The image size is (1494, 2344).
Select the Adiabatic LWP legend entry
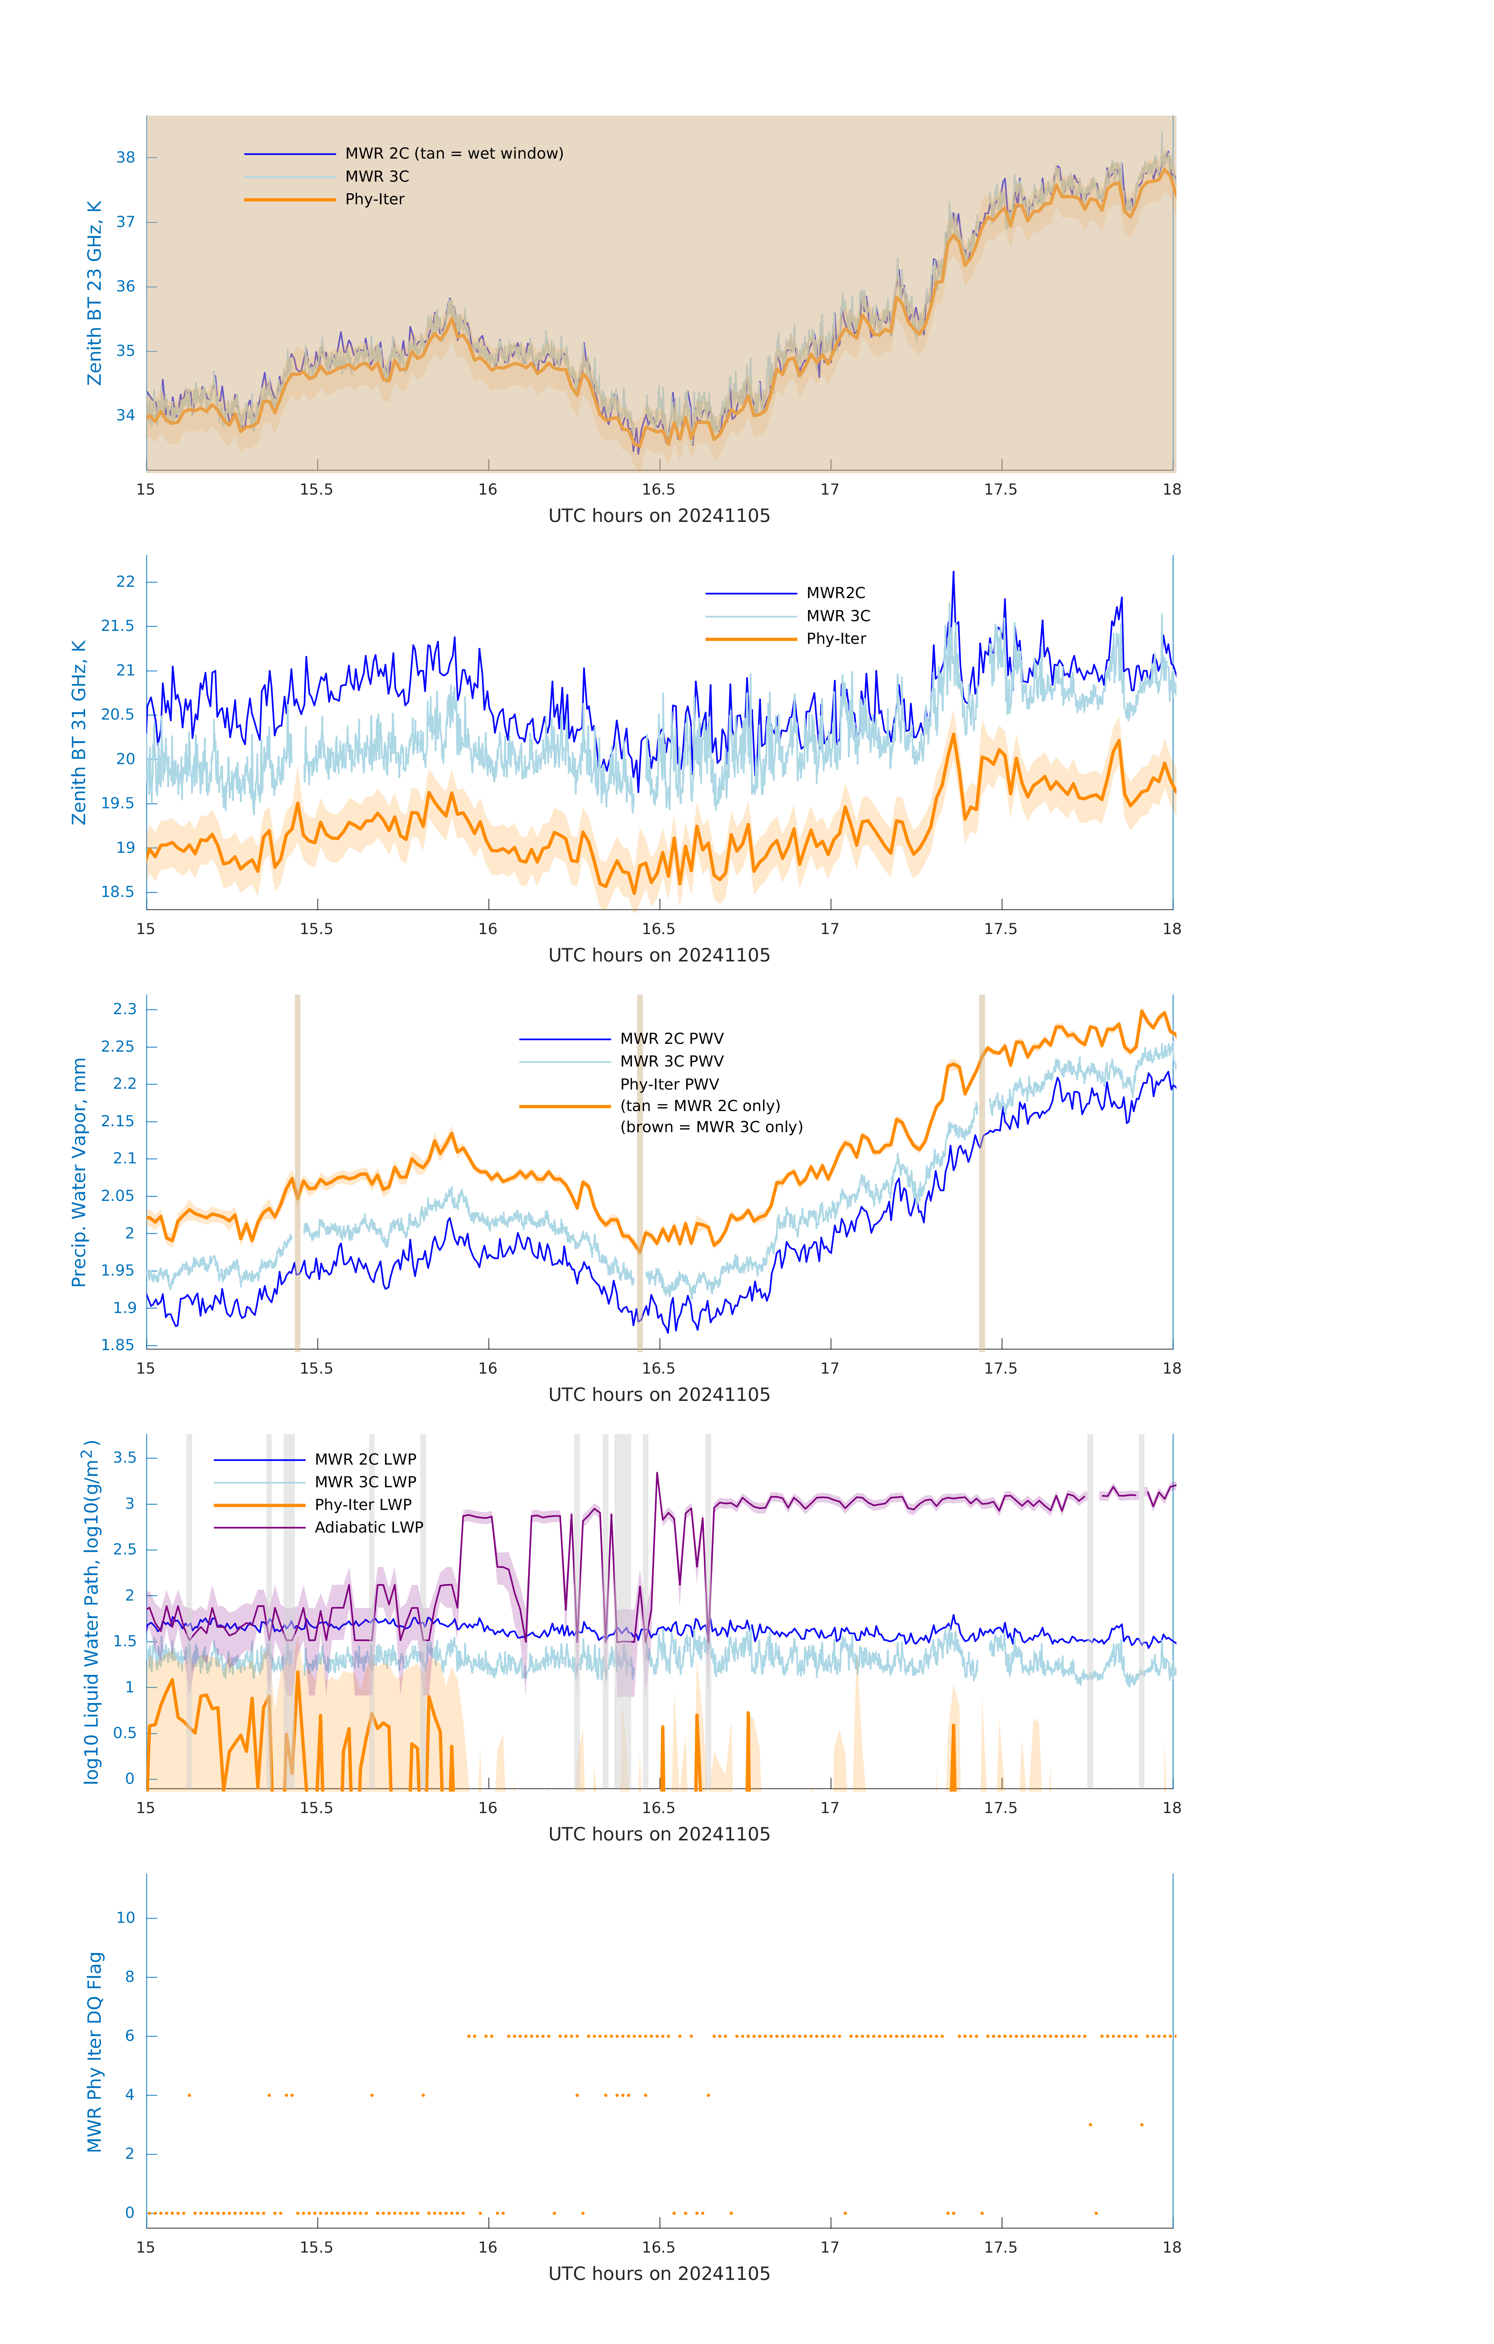(x=368, y=1527)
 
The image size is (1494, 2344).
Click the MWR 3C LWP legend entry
(x=365, y=1481)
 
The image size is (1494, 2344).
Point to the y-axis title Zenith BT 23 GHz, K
(x=95, y=293)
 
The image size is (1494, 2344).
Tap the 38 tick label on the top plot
(x=125, y=158)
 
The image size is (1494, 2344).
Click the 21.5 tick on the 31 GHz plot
(x=118, y=626)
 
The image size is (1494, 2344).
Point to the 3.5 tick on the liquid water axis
(x=125, y=1457)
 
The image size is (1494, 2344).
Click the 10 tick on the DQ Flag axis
(x=125, y=1918)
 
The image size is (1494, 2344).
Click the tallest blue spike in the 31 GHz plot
(x=953, y=574)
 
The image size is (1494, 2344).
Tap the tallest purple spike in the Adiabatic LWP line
(x=657, y=1475)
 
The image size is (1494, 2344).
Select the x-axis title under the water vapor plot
(x=659, y=1395)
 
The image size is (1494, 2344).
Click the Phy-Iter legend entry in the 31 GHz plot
(x=835, y=639)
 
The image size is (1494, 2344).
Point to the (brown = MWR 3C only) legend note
(x=712, y=1127)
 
